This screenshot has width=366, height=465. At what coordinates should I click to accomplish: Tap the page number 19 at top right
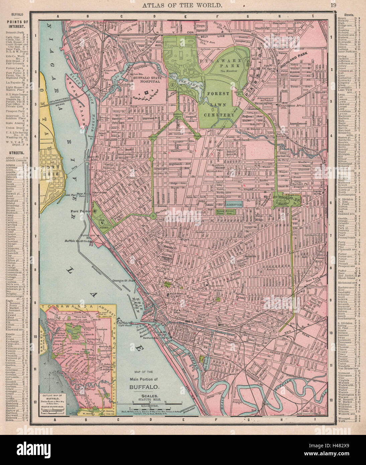click(x=333, y=5)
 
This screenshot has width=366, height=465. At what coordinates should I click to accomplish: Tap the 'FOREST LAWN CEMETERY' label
click(x=218, y=104)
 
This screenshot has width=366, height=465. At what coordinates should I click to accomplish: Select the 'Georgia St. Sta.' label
click(x=124, y=281)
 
